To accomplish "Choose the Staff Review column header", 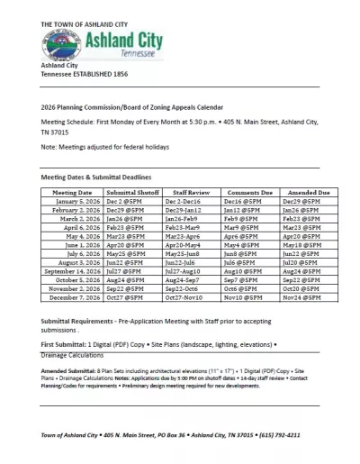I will click(191, 193).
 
